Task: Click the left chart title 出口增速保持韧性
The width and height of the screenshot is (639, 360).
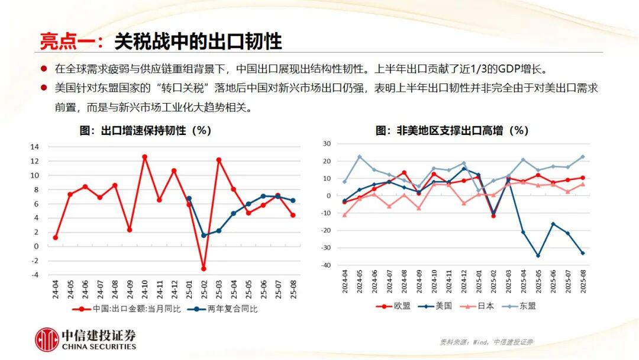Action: coord(146,130)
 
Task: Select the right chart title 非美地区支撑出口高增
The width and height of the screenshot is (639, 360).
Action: coord(452,130)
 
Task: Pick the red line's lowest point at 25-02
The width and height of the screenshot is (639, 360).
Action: coord(204,269)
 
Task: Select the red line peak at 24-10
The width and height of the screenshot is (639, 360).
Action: coord(144,157)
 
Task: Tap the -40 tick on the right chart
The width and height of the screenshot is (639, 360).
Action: coord(326,265)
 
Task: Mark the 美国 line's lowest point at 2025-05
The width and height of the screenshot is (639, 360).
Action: coord(538,256)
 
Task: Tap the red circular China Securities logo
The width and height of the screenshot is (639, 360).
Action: coord(46,340)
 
